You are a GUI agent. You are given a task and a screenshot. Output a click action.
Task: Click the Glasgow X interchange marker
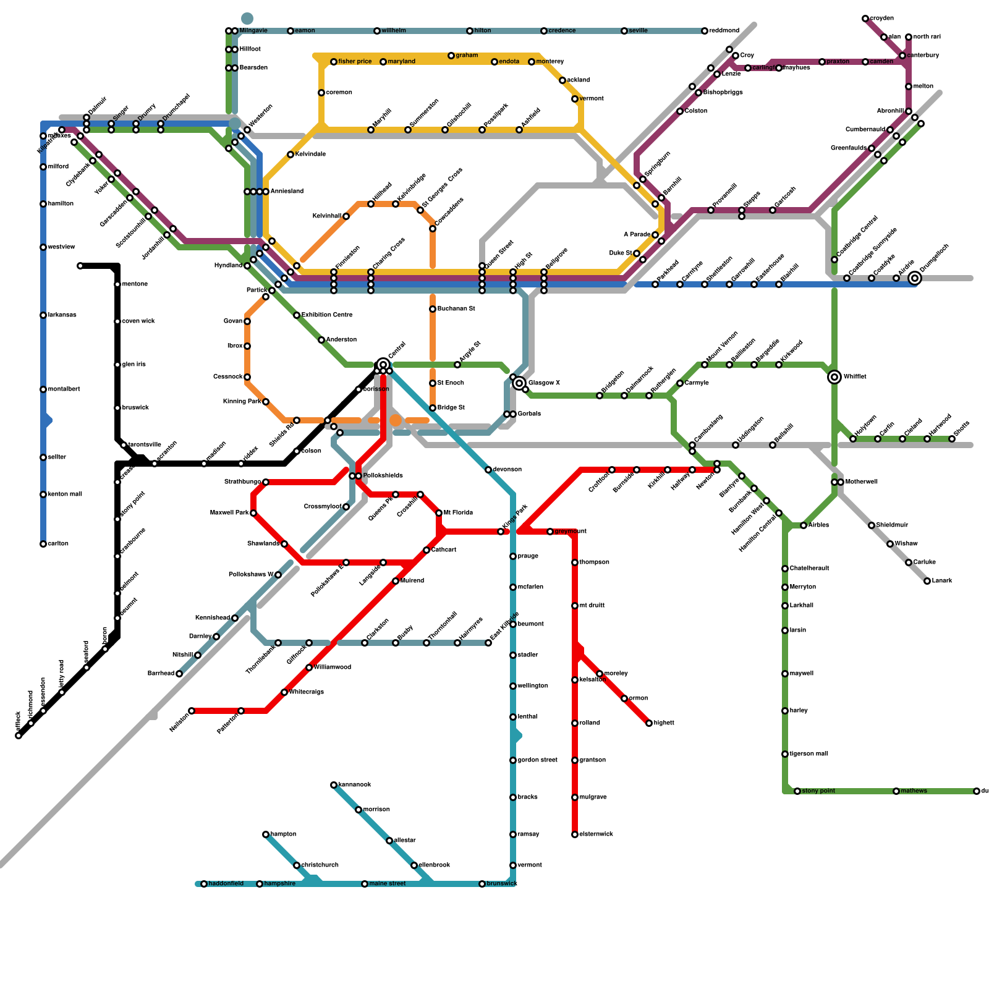519,383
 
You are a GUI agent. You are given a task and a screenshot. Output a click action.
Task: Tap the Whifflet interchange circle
834,377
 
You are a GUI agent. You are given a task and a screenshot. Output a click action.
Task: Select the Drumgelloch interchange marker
915,278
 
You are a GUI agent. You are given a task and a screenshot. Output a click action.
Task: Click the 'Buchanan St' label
456,308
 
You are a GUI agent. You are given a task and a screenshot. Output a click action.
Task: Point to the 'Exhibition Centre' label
327,315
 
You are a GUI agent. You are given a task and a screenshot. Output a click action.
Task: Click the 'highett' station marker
649,723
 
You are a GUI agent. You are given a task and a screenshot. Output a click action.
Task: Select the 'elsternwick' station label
596,834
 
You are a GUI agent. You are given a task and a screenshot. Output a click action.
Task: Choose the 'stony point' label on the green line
818,791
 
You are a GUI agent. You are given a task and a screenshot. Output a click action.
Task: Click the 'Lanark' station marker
927,581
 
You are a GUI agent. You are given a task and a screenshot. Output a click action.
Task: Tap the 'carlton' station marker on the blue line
43,544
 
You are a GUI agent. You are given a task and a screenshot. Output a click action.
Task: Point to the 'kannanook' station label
355,785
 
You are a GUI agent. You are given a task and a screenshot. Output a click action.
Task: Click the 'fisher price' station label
355,62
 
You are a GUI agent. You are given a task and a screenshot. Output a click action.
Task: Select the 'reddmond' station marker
705,31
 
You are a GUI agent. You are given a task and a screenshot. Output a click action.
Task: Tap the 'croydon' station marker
865,19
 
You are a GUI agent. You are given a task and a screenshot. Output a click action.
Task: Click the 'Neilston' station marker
192,711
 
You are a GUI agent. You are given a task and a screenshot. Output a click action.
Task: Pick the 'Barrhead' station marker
179,674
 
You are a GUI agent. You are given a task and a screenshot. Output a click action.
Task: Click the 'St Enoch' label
451,383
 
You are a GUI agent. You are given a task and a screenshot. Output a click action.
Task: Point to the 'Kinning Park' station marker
266,402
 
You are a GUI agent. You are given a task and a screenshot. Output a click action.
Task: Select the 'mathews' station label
914,791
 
